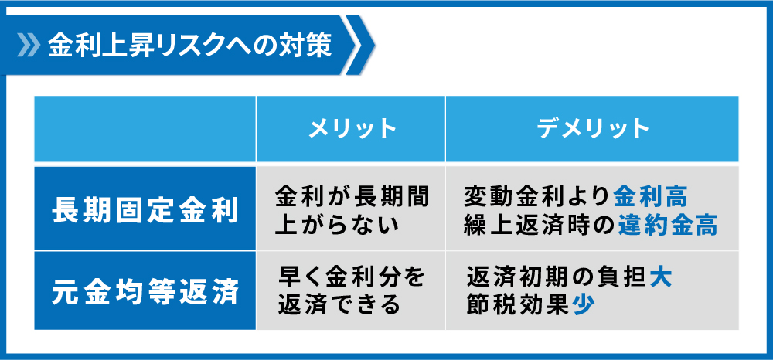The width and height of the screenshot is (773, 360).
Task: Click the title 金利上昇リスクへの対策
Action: pos(190,46)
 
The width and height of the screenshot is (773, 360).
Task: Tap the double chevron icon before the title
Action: pos(29,46)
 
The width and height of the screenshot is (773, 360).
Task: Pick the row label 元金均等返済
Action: pos(146,292)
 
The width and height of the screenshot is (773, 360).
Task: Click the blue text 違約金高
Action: pos(668,226)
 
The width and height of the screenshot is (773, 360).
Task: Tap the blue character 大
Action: pos(661,278)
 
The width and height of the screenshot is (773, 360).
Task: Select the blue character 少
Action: pos(584,306)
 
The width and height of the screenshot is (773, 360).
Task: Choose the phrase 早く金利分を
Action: pos(352,278)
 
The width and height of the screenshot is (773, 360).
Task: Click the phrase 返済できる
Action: pos(339,306)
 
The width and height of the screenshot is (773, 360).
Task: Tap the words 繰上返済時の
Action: pos(540,226)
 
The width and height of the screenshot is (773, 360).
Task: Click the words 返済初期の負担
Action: pos(557,278)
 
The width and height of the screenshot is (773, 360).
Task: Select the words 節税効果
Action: pos(519,306)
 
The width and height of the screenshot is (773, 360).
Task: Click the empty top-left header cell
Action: pos(145,129)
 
